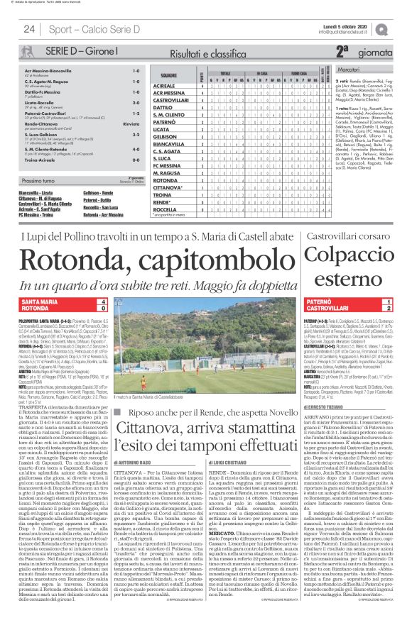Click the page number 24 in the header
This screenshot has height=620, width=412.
tap(29, 29)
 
